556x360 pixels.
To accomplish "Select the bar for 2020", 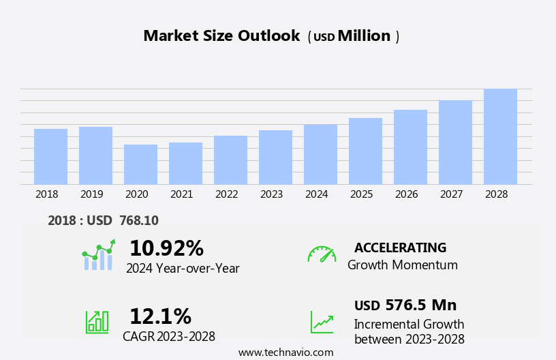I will (140, 164).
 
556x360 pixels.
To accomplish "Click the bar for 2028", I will (500, 136).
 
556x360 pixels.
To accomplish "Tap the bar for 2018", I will (50, 156).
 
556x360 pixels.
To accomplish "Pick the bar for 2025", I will (365, 151).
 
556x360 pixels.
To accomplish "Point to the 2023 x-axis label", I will (271, 194).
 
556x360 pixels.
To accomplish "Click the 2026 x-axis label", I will (406, 194).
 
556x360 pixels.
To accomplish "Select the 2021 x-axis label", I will (181, 194).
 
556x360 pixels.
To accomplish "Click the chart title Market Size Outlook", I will (221, 36).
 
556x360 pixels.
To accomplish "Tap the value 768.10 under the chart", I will (139, 220).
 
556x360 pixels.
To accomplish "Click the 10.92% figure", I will (166, 248).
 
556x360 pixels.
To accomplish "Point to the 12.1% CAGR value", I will (160, 316).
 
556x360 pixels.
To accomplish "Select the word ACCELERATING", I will (400, 247).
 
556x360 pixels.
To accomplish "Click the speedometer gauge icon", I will (322, 254).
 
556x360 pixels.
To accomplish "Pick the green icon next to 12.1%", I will (97, 321).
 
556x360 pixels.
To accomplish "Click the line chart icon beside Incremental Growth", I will (322, 322).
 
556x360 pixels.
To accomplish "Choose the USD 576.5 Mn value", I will (405, 305).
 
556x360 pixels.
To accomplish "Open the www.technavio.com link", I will (285, 352).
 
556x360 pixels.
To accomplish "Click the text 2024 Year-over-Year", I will (183, 269).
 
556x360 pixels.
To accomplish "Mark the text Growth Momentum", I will (403, 265).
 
